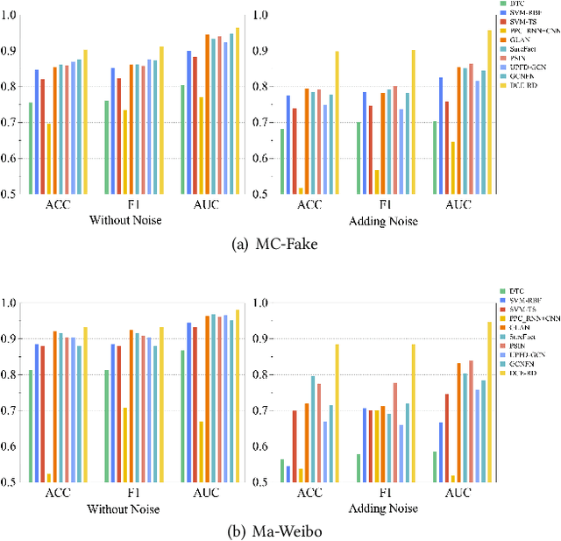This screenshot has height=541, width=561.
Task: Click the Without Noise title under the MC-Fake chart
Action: [x=129, y=220]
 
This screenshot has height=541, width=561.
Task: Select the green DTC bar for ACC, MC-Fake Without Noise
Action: [x=31, y=148]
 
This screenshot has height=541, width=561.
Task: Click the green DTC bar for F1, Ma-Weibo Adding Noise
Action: [x=358, y=467]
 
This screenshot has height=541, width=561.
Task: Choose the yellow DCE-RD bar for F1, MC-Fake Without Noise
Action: [x=161, y=120]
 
